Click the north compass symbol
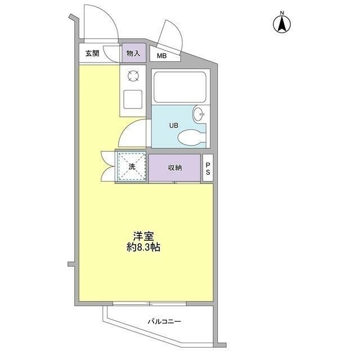pyautogui.click(x=281, y=24)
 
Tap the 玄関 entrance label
pyautogui.click(x=92, y=54)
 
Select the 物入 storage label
pyautogui.click(x=133, y=54)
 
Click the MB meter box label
pyautogui.click(x=161, y=56)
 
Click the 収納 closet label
pyautogui.click(x=174, y=168)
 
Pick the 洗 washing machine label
pyautogui.click(x=131, y=167)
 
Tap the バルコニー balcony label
pyautogui.click(x=164, y=322)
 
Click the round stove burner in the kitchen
pyautogui.click(x=133, y=75)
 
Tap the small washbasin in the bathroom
pyautogui.click(x=200, y=114)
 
